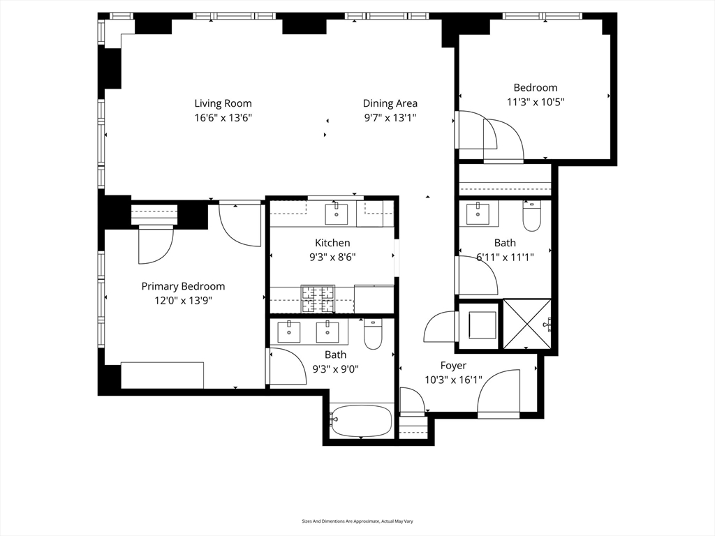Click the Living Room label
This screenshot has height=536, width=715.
(x=223, y=104)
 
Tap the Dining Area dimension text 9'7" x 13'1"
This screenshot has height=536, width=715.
(x=390, y=118)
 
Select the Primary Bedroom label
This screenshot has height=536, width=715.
(x=183, y=286)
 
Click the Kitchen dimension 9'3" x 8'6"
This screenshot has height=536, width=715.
(x=332, y=256)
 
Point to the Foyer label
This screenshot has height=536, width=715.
(x=453, y=366)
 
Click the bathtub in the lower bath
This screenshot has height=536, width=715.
(x=361, y=421)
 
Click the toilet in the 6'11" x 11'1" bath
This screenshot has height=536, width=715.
(x=531, y=216)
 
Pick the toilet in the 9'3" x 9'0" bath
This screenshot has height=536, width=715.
(x=373, y=334)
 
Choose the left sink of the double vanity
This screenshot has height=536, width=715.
(x=289, y=332)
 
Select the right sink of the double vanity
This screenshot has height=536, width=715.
(x=327, y=332)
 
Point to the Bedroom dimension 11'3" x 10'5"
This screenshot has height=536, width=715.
(x=536, y=101)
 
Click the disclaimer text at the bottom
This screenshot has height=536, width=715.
(x=357, y=521)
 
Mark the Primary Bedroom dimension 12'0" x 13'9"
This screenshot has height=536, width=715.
(x=183, y=300)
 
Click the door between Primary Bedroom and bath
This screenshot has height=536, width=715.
(x=286, y=367)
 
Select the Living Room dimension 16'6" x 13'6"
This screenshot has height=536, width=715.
(x=223, y=118)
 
